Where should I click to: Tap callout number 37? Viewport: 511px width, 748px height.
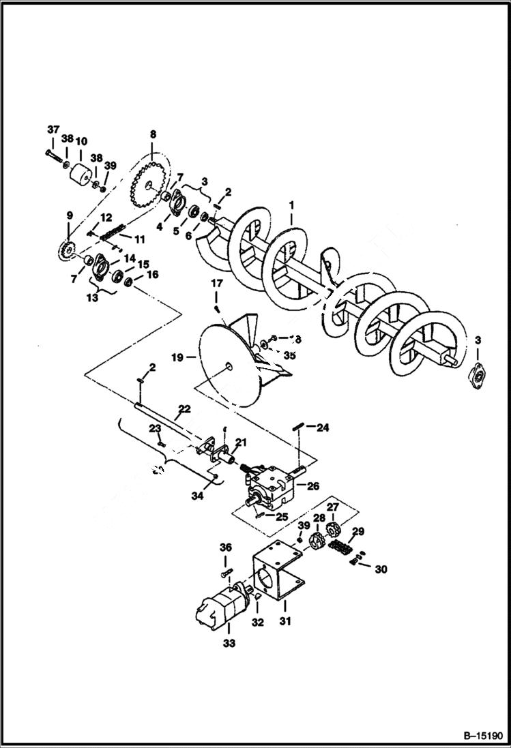(x=53, y=130)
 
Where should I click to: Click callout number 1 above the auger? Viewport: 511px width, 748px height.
(x=291, y=203)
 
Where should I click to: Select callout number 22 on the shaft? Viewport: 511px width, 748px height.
(x=184, y=409)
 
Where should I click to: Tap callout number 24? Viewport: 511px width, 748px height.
(x=322, y=428)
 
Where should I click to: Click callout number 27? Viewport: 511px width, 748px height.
(x=333, y=507)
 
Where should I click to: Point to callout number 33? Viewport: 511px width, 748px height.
(x=229, y=643)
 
